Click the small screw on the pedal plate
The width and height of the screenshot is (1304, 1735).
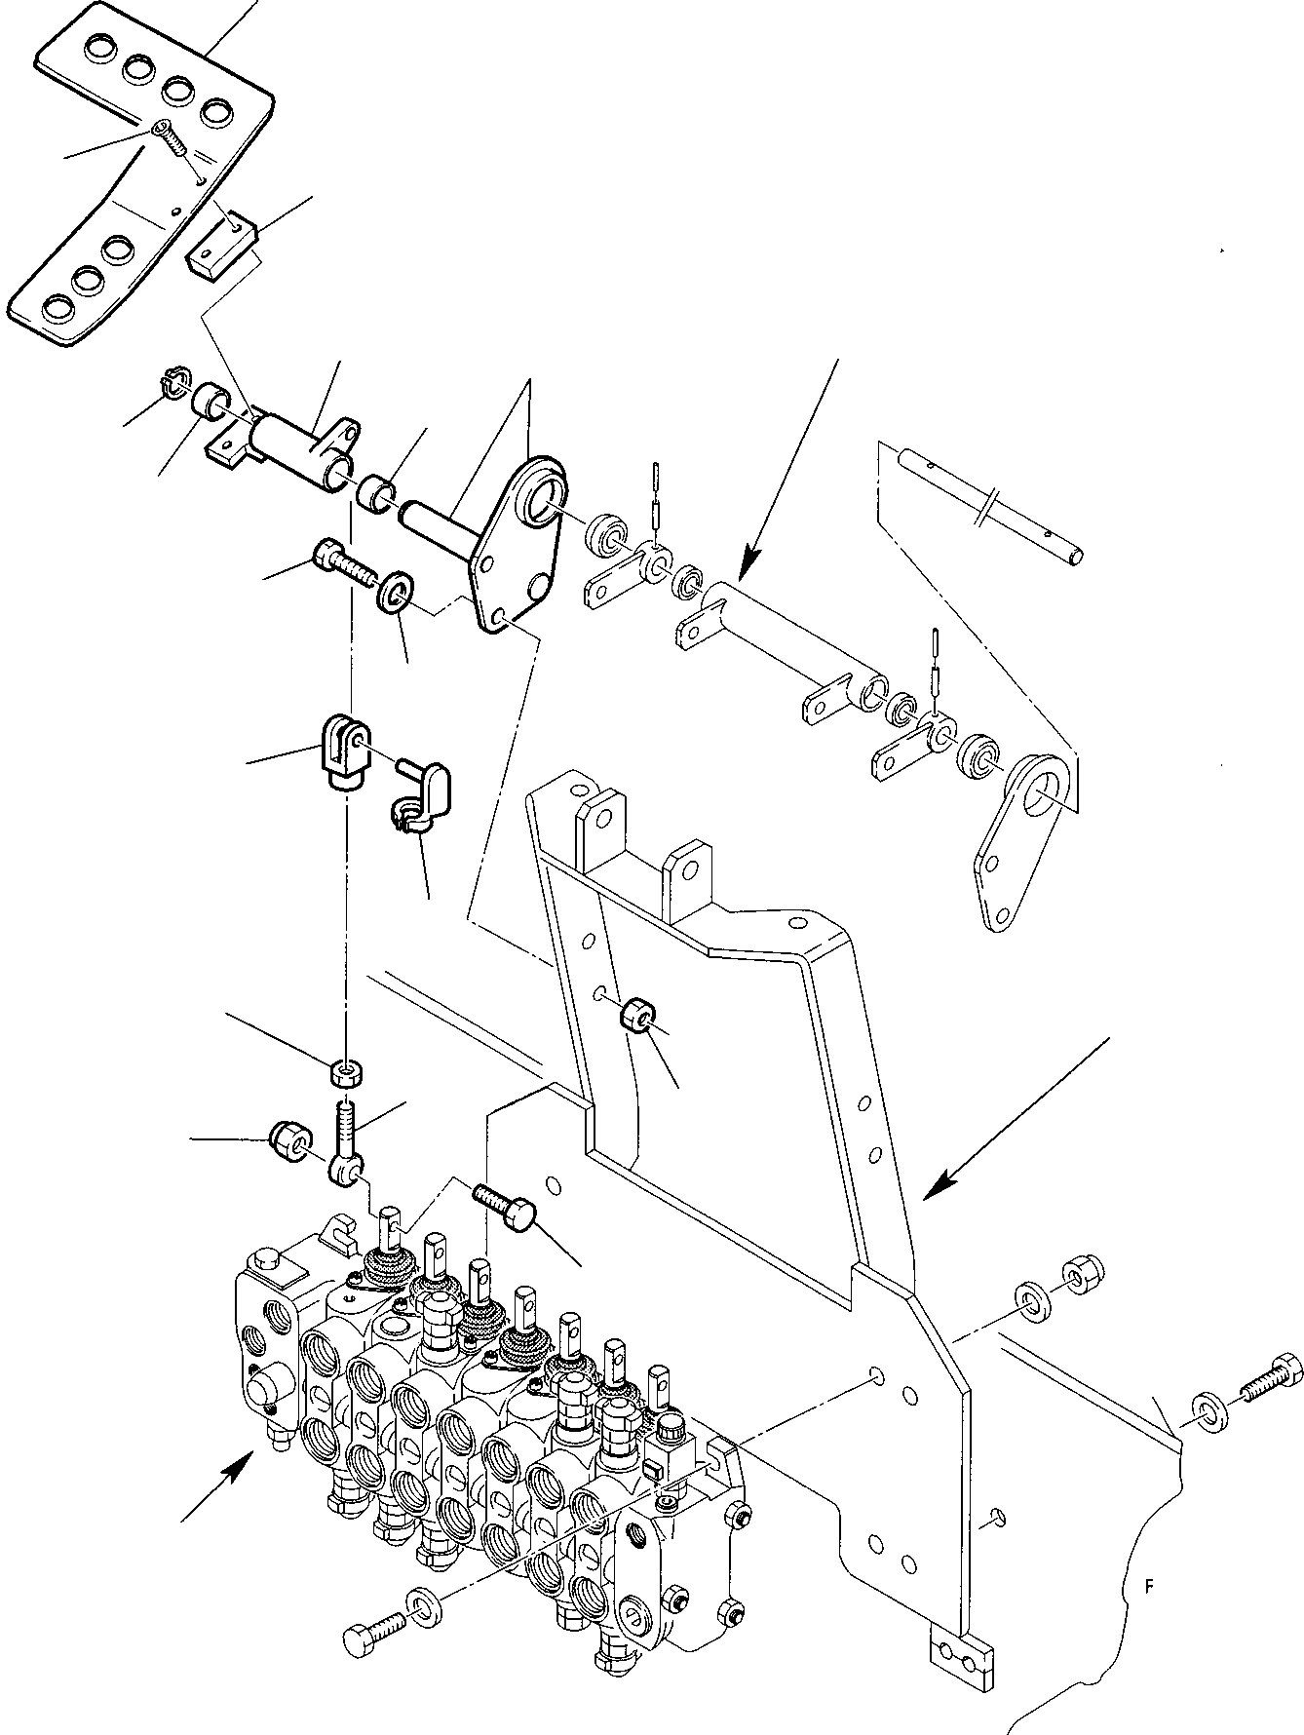point(172,137)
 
